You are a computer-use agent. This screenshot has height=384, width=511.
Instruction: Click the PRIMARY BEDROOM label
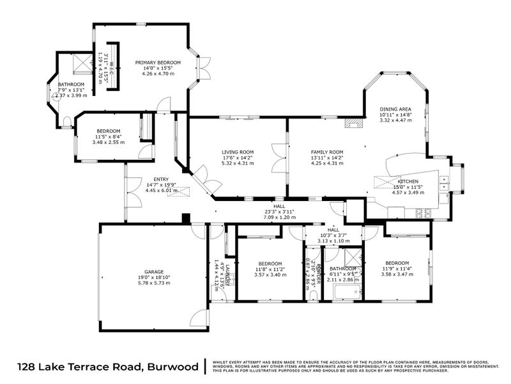click(x=158, y=63)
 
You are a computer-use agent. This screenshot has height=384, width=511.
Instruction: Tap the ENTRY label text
click(x=160, y=179)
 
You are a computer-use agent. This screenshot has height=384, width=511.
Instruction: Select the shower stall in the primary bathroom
click(x=81, y=63)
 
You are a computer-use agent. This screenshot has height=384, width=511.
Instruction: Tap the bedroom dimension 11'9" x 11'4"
click(x=397, y=269)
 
